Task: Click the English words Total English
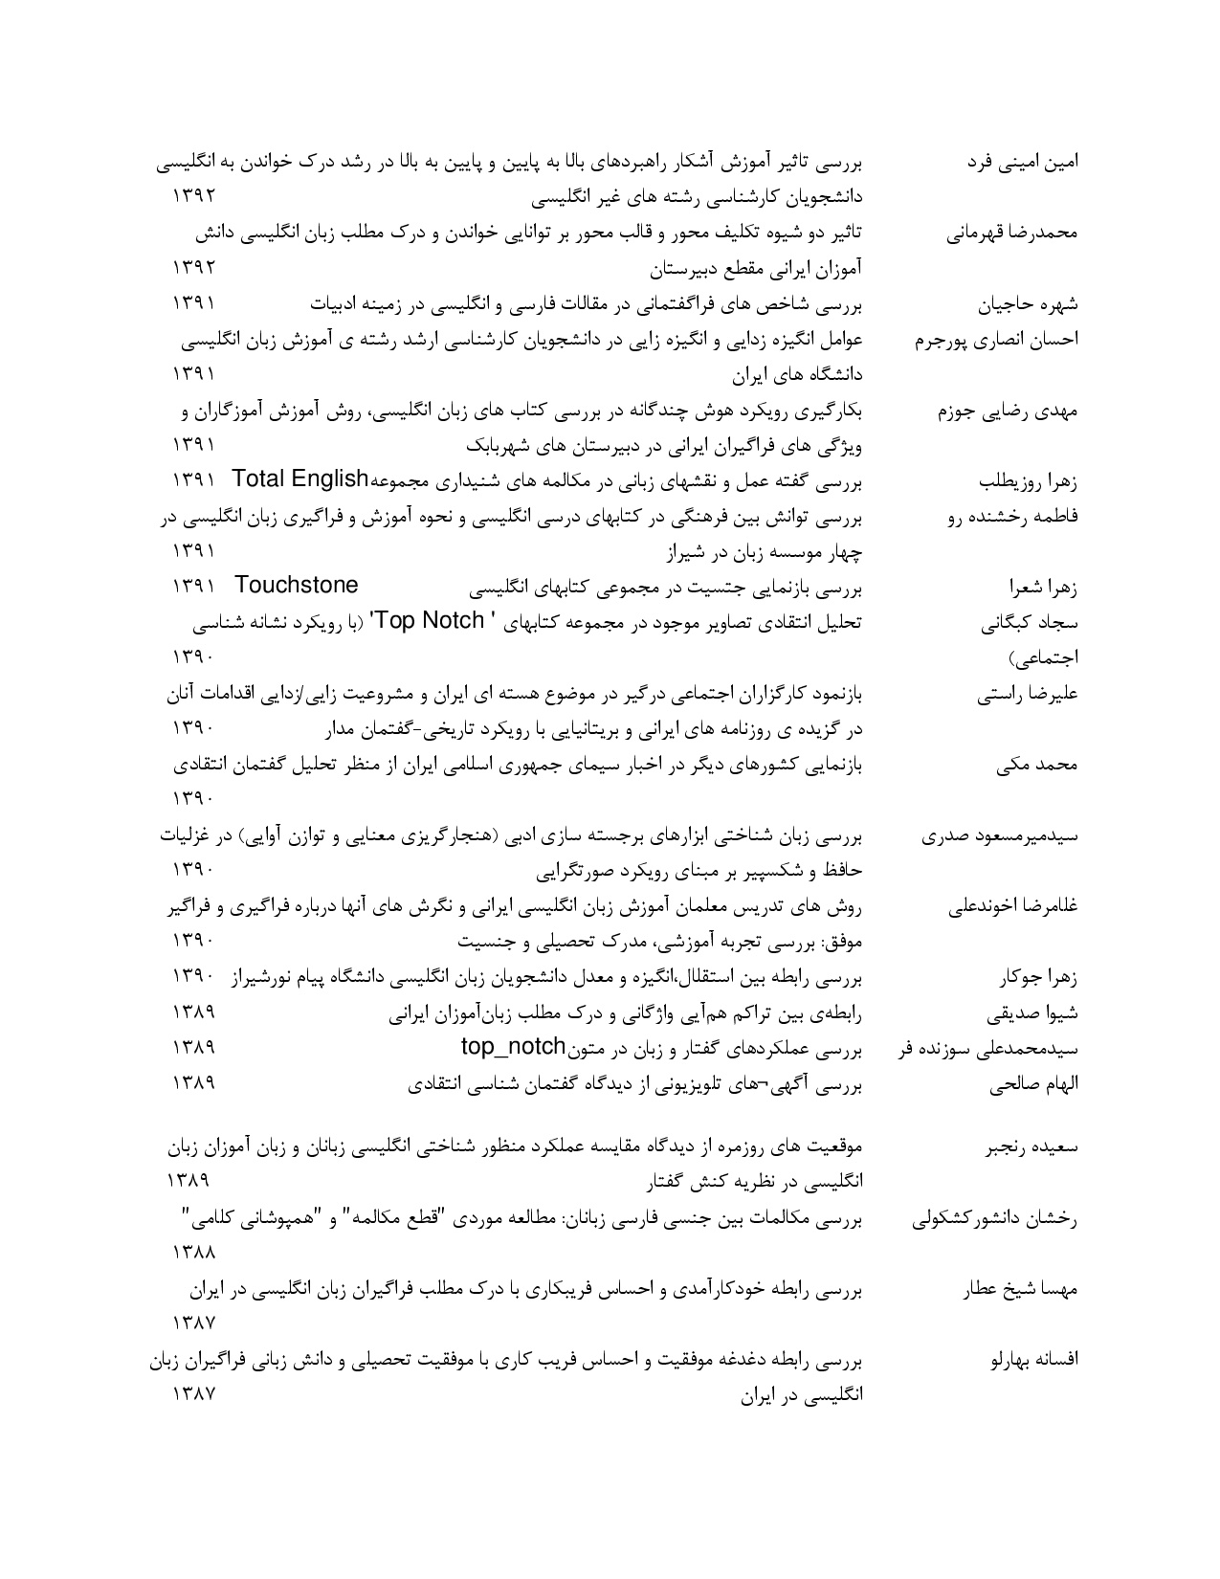coord(300,478)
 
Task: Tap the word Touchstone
coord(296,585)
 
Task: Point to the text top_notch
coord(513,1046)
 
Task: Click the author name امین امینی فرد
coord(1025,162)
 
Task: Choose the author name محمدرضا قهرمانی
coord(1013,234)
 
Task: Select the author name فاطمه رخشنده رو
coord(1013,517)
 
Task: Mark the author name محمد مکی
coord(1051,766)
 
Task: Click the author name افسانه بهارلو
coord(1036,1361)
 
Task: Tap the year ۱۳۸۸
coord(193,1252)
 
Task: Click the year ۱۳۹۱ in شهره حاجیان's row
coord(193,303)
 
